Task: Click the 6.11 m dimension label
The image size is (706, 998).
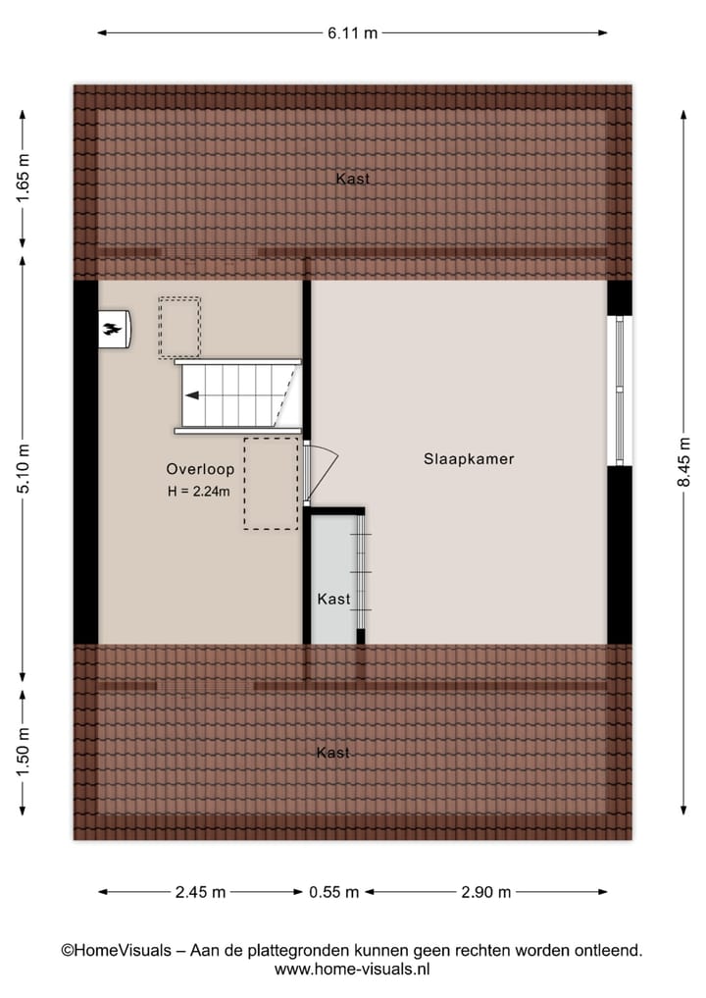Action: pyautogui.click(x=353, y=32)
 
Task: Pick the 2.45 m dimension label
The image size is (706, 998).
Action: pyautogui.click(x=200, y=892)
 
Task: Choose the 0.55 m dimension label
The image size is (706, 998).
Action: pyautogui.click(x=334, y=892)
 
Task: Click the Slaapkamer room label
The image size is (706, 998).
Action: pyautogui.click(x=469, y=458)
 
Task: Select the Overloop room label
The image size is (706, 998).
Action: pyautogui.click(x=200, y=469)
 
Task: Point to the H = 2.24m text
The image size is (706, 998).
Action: pyautogui.click(x=199, y=492)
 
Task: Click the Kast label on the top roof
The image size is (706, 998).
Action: pyautogui.click(x=352, y=179)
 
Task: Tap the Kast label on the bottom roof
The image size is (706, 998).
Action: pyautogui.click(x=333, y=753)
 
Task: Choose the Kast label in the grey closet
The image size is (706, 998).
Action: pyautogui.click(x=333, y=599)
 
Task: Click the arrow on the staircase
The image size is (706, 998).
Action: pyautogui.click(x=193, y=395)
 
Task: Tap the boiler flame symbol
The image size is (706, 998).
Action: pyautogui.click(x=114, y=330)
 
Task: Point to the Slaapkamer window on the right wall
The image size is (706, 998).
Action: pyautogui.click(x=619, y=390)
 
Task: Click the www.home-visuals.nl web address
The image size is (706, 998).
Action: pyautogui.click(x=353, y=970)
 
